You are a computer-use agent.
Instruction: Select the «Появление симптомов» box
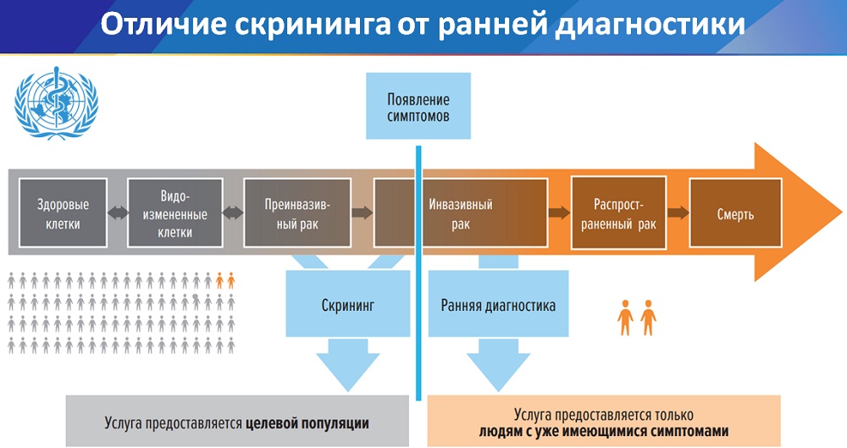coord(418,106)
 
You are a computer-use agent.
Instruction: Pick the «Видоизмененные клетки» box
coord(174,213)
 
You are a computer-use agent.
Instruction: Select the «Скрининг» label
coord(347,305)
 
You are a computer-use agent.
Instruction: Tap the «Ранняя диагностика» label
coord(498,305)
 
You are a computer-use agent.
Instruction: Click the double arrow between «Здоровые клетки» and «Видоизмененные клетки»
coord(117,214)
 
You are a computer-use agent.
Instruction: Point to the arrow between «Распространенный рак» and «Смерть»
coord(677,213)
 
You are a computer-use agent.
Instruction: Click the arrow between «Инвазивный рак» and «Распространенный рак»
coord(558,213)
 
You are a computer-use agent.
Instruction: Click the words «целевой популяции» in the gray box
coord(308,421)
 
